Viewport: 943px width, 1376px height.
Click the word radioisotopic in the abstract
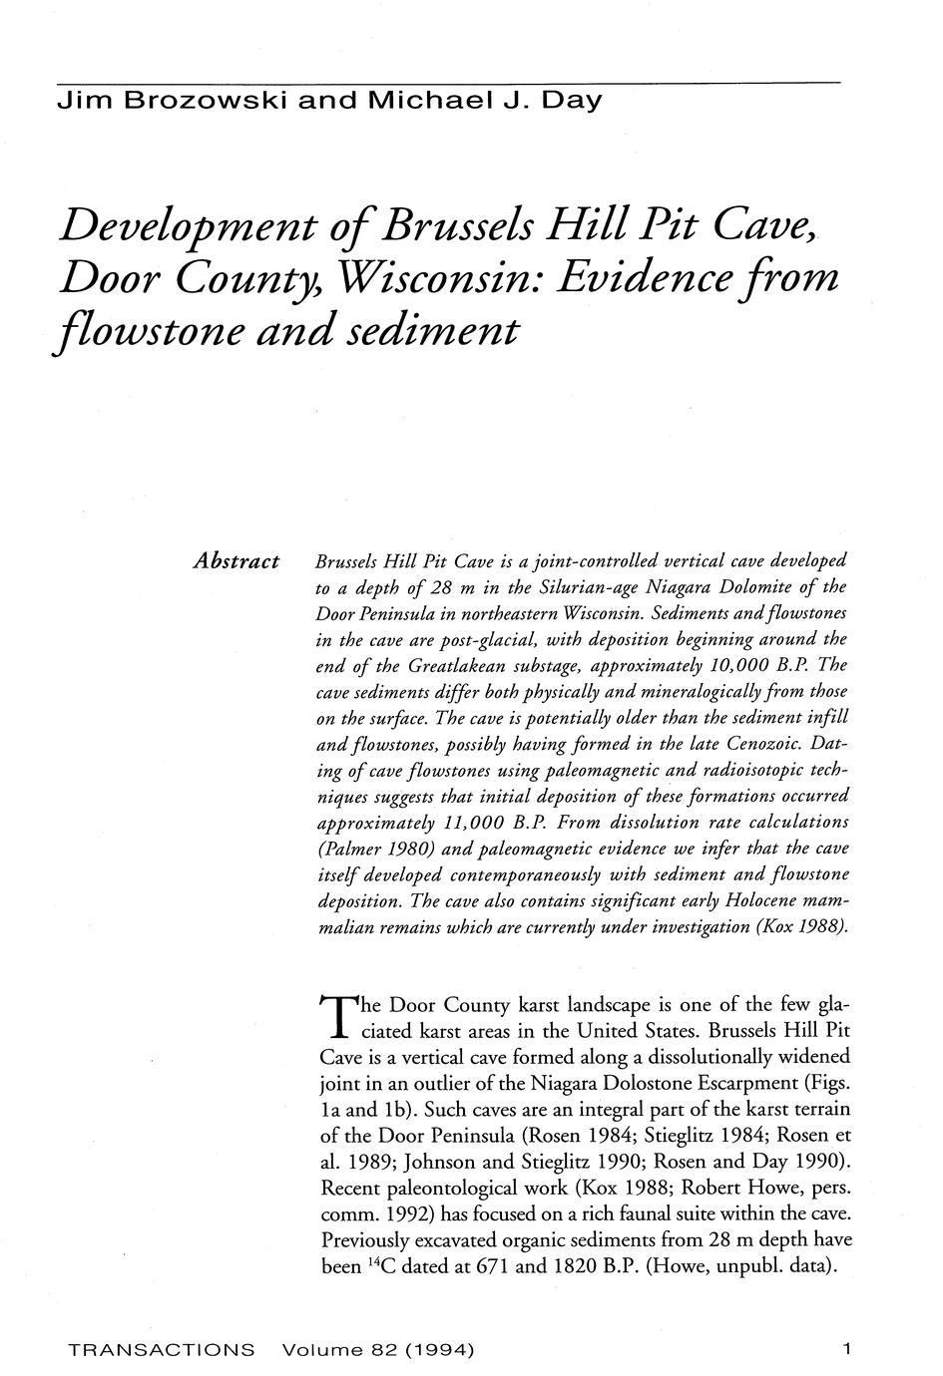(x=742, y=770)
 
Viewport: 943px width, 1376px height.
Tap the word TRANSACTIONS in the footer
(x=161, y=1350)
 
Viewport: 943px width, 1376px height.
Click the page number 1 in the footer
(x=846, y=1350)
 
